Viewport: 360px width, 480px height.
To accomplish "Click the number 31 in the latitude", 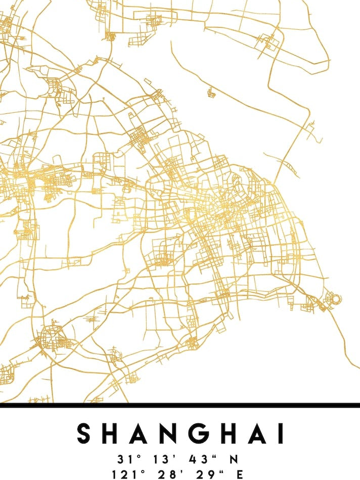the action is [124, 459].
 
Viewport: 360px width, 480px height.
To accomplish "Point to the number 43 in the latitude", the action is [199, 459].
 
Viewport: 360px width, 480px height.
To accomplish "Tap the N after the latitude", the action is [234, 459].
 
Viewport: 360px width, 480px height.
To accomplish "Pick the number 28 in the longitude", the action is [163, 474].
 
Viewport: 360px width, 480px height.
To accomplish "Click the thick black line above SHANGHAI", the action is [180, 405].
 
